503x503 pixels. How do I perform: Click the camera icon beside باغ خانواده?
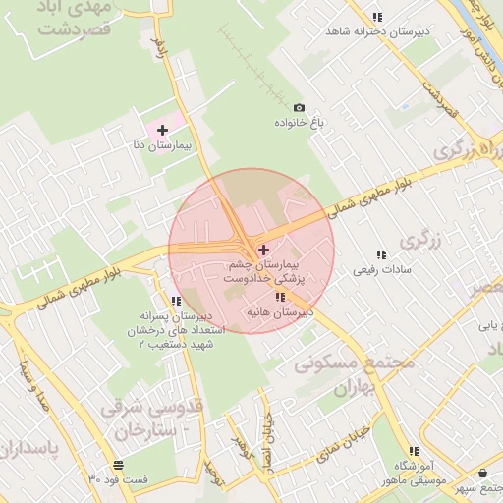299,108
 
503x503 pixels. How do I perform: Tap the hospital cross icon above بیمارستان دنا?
162,130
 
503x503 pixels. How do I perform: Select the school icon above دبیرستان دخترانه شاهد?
377,17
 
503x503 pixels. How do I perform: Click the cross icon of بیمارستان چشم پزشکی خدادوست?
263,251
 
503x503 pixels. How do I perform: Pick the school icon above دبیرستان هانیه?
280,297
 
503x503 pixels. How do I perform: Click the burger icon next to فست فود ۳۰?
118,465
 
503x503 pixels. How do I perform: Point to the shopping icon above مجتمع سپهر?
481,474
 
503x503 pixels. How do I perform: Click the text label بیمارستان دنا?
161,145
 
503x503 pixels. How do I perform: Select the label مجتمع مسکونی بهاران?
355,374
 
